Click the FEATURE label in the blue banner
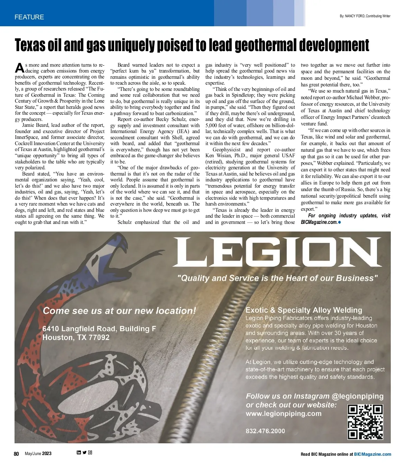[x=29, y=17]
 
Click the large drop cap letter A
[x=20, y=68]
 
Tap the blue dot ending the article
[x=340, y=222]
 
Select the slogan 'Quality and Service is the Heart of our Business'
[x=277, y=278]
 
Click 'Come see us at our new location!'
[x=119, y=311]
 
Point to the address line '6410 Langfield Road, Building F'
[x=99, y=329]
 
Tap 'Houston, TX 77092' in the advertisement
[x=76, y=338]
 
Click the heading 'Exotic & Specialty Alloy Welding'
[x=304, y=310]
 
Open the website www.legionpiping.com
[x=284, y=414]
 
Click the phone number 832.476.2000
[x=265, y=431]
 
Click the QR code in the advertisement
[x=365, y=422]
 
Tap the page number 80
[x=16, y=454]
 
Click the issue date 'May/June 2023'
[x=38, y=454]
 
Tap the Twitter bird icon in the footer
[x=84, y=453]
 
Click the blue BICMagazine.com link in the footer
[x=372, y=454]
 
